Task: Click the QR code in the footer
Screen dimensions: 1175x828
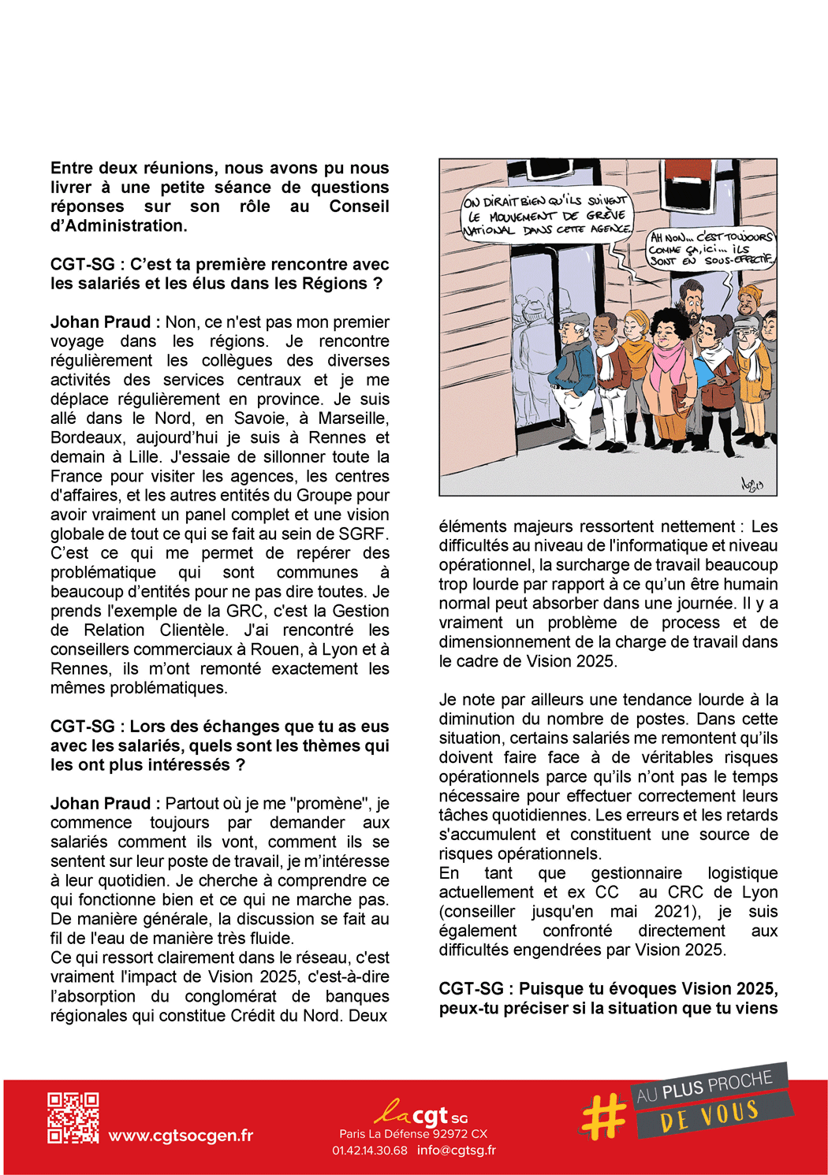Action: point(73,1117)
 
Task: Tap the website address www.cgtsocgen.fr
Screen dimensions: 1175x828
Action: point(181,1136)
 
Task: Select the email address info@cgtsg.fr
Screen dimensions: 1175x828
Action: point(457,1151)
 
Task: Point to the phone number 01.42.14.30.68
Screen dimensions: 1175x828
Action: point(370,1151)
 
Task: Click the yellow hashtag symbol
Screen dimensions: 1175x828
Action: point(604,1117)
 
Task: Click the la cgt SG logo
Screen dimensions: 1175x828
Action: point(421,1114)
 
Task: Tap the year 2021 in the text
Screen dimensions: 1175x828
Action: point(667,912)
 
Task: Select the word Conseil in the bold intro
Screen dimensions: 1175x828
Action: point(359,206)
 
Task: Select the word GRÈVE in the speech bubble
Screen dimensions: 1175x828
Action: point(606,215)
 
